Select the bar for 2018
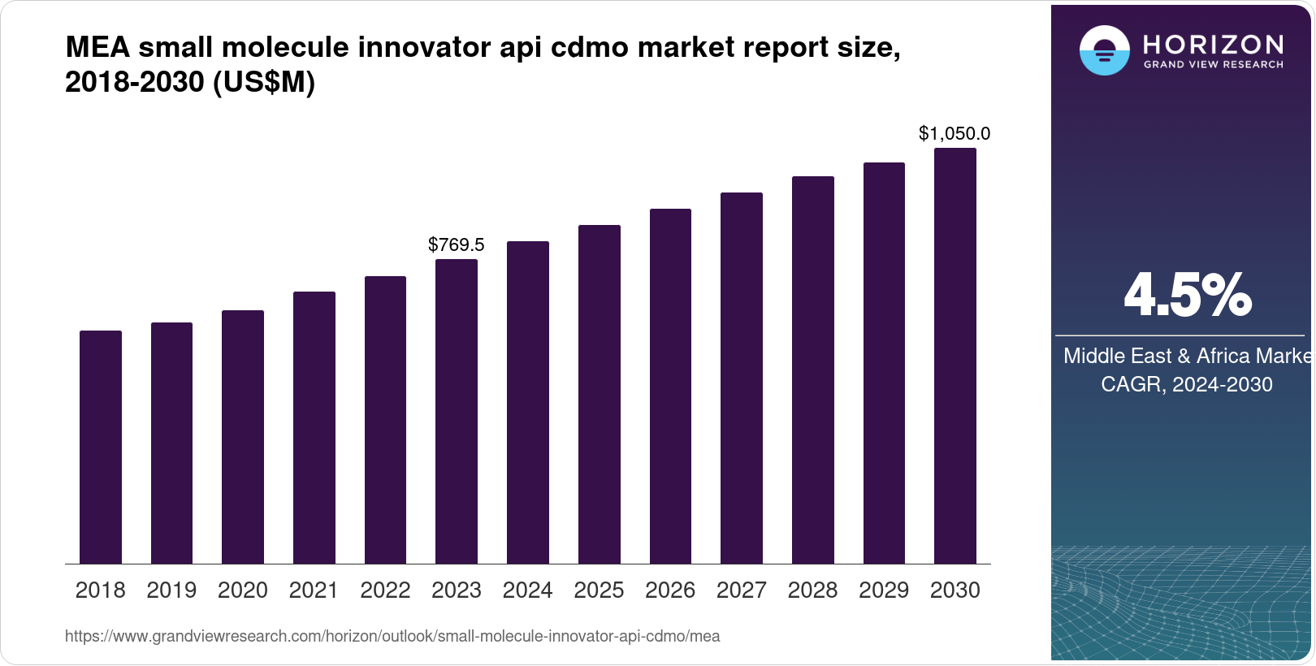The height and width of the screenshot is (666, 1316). coord(100,447)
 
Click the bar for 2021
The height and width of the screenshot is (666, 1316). coord(314,427)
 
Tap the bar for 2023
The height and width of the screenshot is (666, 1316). coord(456,411)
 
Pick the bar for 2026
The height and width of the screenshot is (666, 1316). coord(670,386)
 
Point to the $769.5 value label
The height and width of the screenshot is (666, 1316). coord(456,244)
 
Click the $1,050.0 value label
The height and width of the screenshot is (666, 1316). coord(954,133)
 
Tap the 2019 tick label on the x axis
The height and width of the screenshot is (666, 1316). coord(171,590)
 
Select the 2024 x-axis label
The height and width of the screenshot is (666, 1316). coord(527,590)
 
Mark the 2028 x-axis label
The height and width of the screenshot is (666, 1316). coord(812,590)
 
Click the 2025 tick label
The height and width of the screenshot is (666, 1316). coord(599,590)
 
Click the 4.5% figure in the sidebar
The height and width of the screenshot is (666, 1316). coord(1187,295)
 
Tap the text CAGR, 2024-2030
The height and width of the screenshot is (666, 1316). coord(1186,384)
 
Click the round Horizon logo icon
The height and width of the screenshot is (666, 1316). coord(1104,50)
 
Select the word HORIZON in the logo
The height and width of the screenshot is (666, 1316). coord(1213,44)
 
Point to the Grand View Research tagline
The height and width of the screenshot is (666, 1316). coord(1213,65)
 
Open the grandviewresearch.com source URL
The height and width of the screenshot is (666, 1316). coord(392,636)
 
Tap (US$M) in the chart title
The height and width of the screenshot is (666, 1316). coord(263,83)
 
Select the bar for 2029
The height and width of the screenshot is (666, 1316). coord(884,363)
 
